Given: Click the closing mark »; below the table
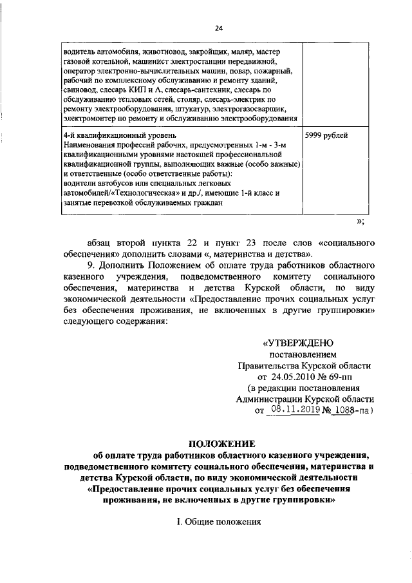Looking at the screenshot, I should tap(360, 222).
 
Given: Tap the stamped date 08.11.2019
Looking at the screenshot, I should tap(294, 408).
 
